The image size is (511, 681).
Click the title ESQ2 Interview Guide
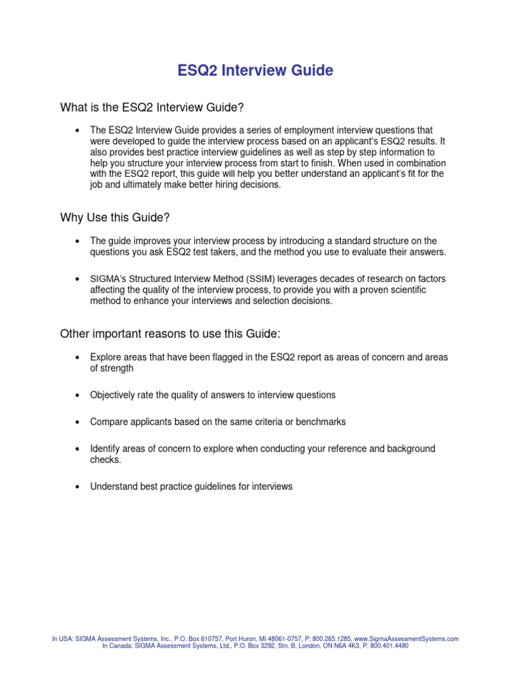click(x=255, y=70)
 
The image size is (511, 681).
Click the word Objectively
click(x=112, y=395)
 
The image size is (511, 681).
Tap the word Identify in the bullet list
click(x=106, y=449)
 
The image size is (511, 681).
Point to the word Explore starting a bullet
click(x=106, y=357)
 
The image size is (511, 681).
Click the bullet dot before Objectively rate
click(x=78, y=396)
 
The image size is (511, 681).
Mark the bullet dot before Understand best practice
click(x=78, y=487)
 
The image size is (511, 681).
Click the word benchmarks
click(x=321, y=422)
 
